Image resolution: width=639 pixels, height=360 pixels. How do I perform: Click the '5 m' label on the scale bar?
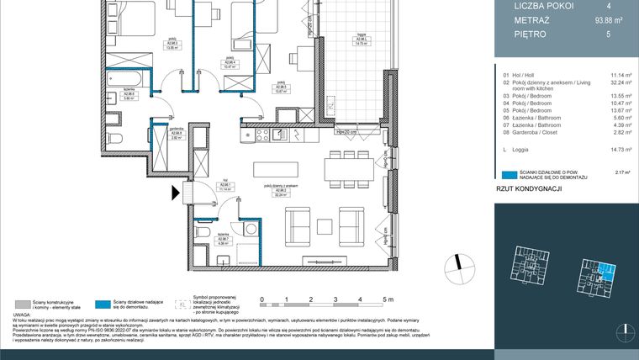pyautogui.click(x=387, y=299)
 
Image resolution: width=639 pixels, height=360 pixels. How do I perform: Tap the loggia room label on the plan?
pyautogui.click(x=361, y=40)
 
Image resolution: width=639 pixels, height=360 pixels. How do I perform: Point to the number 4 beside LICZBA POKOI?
pyautogui.click(x=620, y=6)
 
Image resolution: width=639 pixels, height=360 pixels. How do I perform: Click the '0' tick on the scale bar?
pyautogui.click(x=263, y=299)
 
